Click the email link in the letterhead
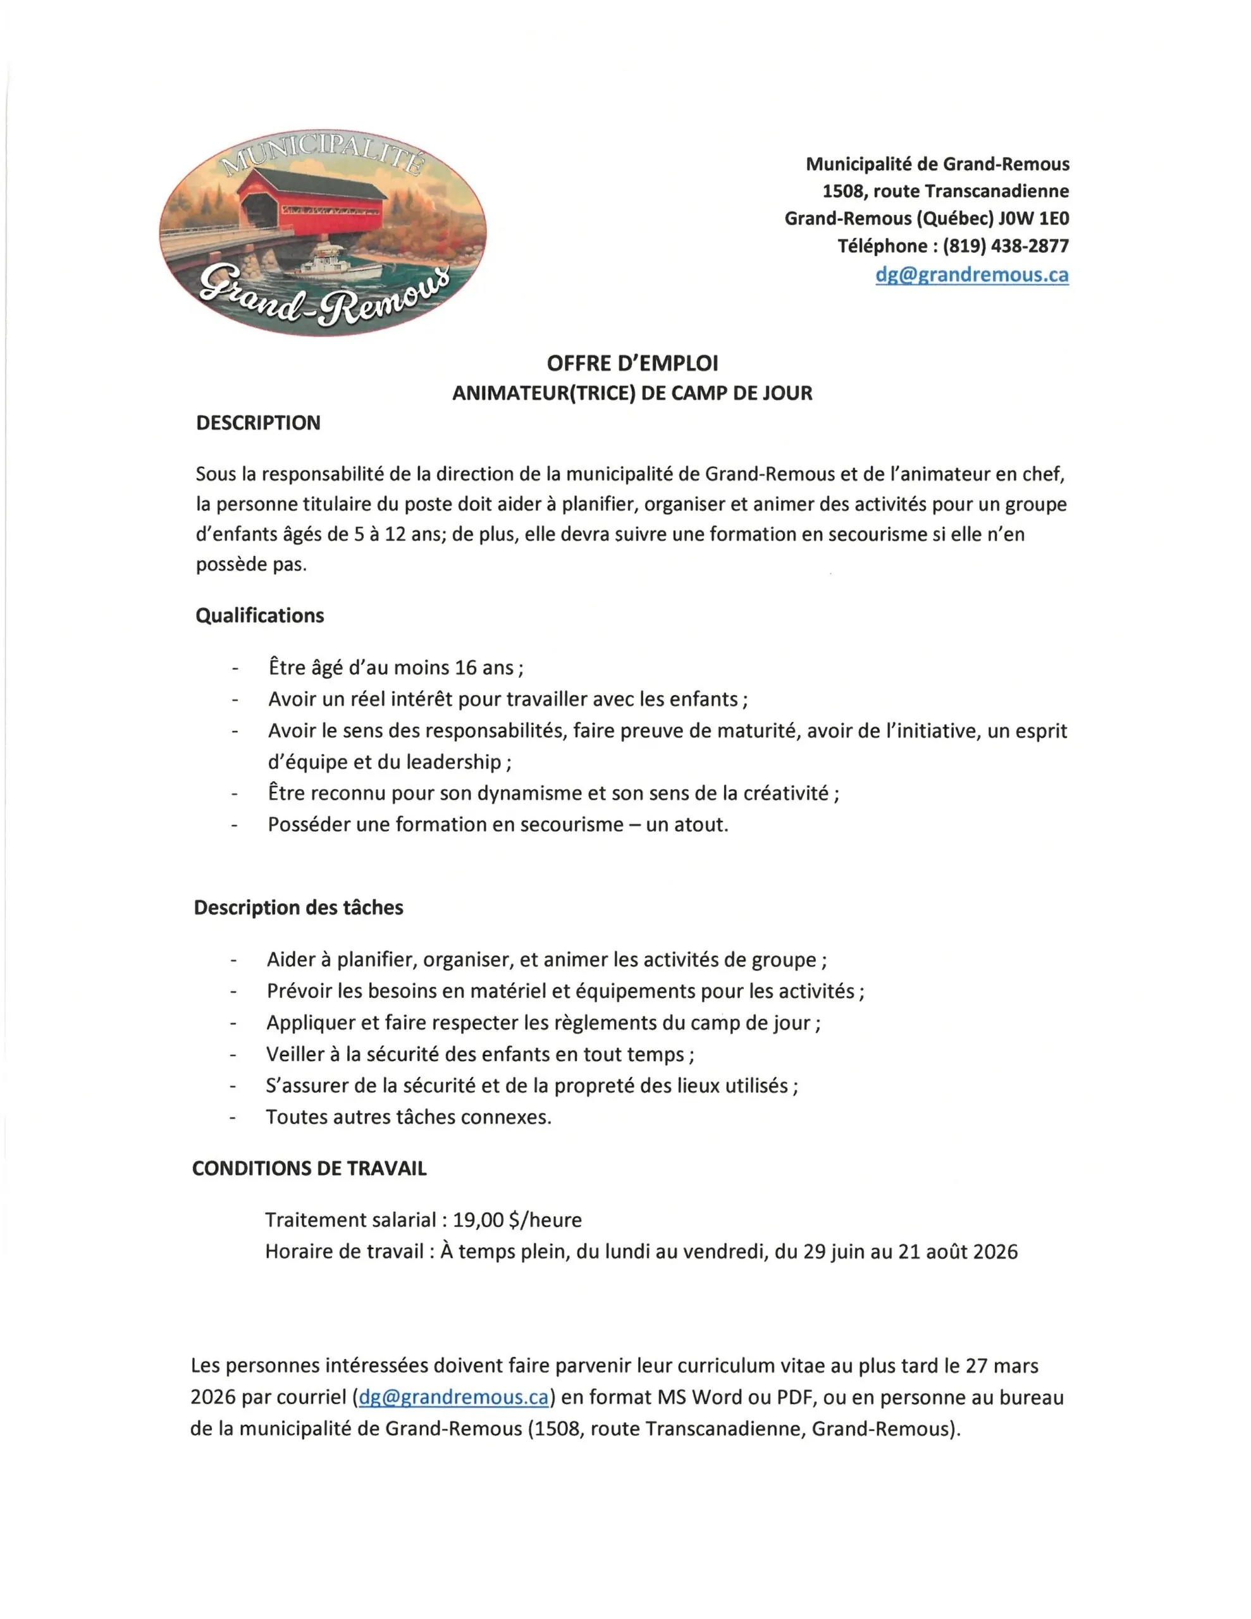[971, 274]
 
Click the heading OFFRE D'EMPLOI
[632, 363]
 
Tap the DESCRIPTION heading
[258, 422]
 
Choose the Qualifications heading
[259, 615]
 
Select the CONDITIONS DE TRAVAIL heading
[309, 1168]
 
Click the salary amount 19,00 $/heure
[517, 1220]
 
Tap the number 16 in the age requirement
[465, 668]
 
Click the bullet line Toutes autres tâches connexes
[409, 1116]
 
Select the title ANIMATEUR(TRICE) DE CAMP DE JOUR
[632, 393]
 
